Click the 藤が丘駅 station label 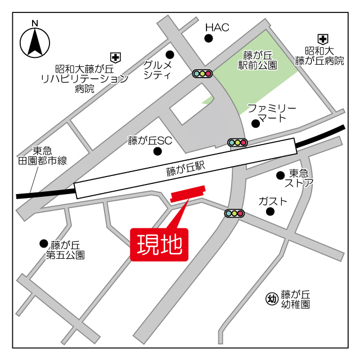click(185, 168)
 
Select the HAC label click(217, 27)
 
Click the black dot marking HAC click(209, 38)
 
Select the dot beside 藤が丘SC click(157, 151)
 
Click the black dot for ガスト click(270, 212)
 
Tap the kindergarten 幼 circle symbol click(271, 299)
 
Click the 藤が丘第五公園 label click(66, 250)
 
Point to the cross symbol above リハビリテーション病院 click(115, 57)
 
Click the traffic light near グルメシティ click(202, 73)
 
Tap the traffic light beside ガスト click(234, 213)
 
